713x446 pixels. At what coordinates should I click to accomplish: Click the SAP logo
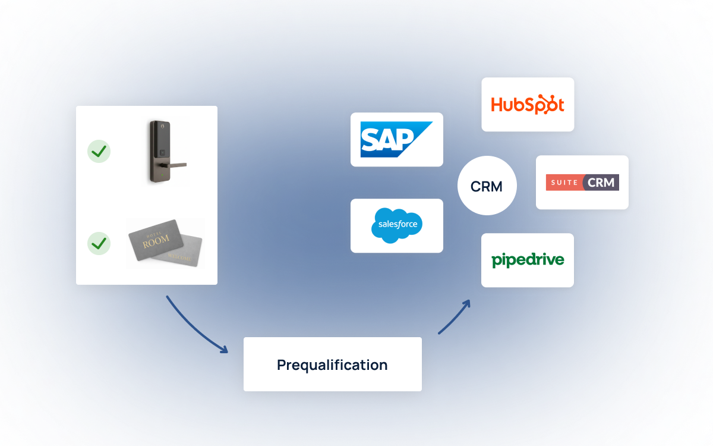click(396, 139)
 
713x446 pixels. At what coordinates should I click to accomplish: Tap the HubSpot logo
click(527, 104)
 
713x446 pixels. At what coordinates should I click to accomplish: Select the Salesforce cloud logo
click(397, 225)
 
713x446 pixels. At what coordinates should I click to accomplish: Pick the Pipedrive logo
click(528, 260)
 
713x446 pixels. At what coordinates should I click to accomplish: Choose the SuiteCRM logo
click(582, 182)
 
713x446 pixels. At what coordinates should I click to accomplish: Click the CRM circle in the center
click(487, 186)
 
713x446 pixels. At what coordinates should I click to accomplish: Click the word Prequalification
click(332, 365)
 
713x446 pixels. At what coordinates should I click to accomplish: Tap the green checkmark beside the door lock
click(99, 151)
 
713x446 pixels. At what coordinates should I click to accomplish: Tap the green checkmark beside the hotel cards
click(99, 243)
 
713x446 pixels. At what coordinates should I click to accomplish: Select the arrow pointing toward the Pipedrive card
click(455, 316)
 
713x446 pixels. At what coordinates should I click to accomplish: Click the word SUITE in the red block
click(564, 183)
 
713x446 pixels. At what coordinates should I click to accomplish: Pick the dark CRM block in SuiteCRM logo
click(601, 182)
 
